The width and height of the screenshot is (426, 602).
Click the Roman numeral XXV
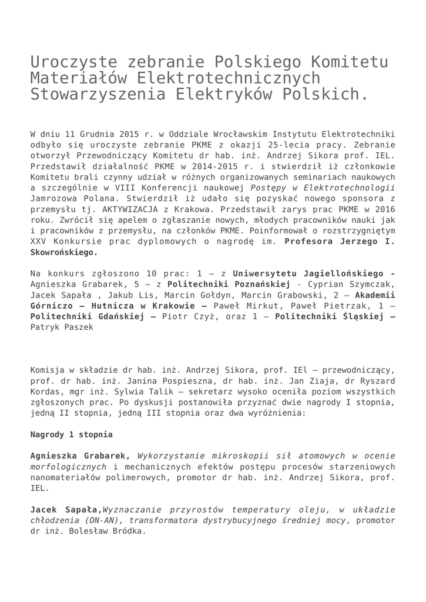click(39, 241)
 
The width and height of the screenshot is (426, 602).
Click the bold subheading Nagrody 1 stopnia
click(71, 434)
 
